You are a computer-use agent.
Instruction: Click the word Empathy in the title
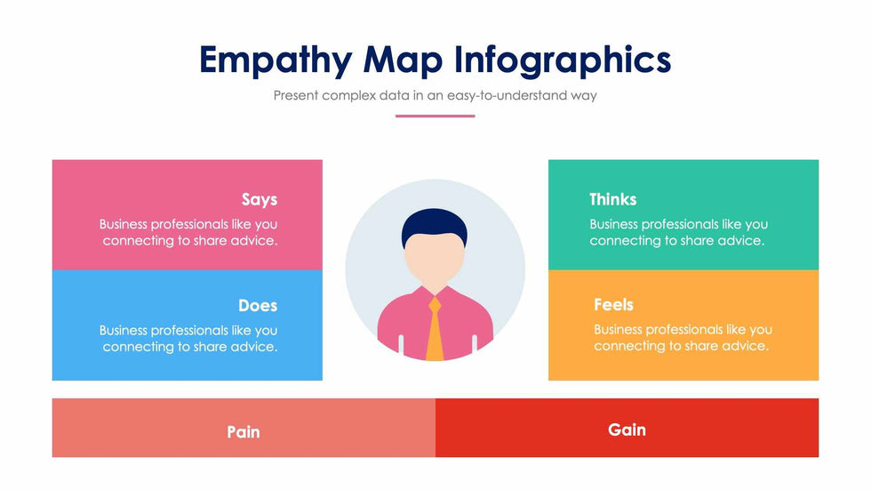(x=276, y=60)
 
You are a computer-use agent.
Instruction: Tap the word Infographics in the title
(x=563, y=60)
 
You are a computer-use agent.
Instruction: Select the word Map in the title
(x=403, y=60)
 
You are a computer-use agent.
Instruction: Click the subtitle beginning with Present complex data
(x=435, y=95)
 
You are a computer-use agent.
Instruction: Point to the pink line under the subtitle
(x=435, y=116)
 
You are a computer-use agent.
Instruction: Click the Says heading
(x=260, y=199)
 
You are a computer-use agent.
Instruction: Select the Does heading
(x=258, y=305)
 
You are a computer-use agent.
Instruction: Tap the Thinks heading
(x=612, y=199)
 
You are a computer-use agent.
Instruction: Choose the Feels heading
(x=613, y=304)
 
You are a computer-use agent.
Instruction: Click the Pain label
(x=244, y=431)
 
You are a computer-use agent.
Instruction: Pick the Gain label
(x=627, y=430)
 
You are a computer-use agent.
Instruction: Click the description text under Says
(x=188, y=232)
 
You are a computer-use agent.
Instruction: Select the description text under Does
(x=188, y=338)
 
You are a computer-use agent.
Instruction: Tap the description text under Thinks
(x=679, y=232)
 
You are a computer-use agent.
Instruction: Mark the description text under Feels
(x=683, y=337)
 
